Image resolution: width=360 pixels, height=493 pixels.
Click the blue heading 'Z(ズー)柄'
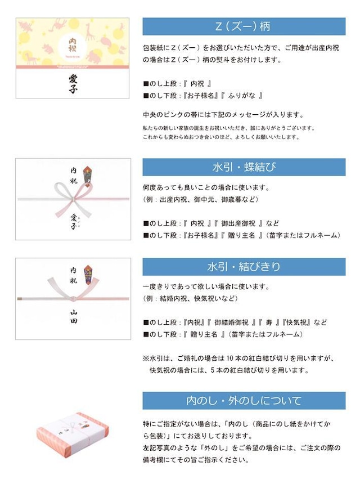[x=244, y=26]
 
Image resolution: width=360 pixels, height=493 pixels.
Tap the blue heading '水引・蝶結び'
[x=244, y=167]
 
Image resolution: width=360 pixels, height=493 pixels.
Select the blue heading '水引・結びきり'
[x=244, y=266]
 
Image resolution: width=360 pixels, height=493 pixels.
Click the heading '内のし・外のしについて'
[x=244, y=401]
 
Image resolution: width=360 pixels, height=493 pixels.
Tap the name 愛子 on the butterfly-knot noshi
[x=73, y=222]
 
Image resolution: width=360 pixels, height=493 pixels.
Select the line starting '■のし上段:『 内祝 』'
[x=178, y=83]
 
